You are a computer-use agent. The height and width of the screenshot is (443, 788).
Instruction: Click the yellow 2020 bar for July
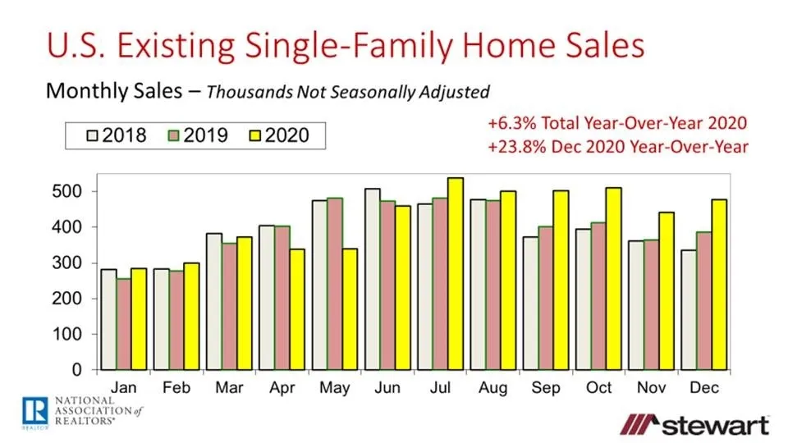[455, 274]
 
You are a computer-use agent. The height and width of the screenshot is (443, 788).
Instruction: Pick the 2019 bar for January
[123, 324]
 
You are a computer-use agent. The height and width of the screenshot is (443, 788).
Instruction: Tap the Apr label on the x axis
[281, 387]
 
